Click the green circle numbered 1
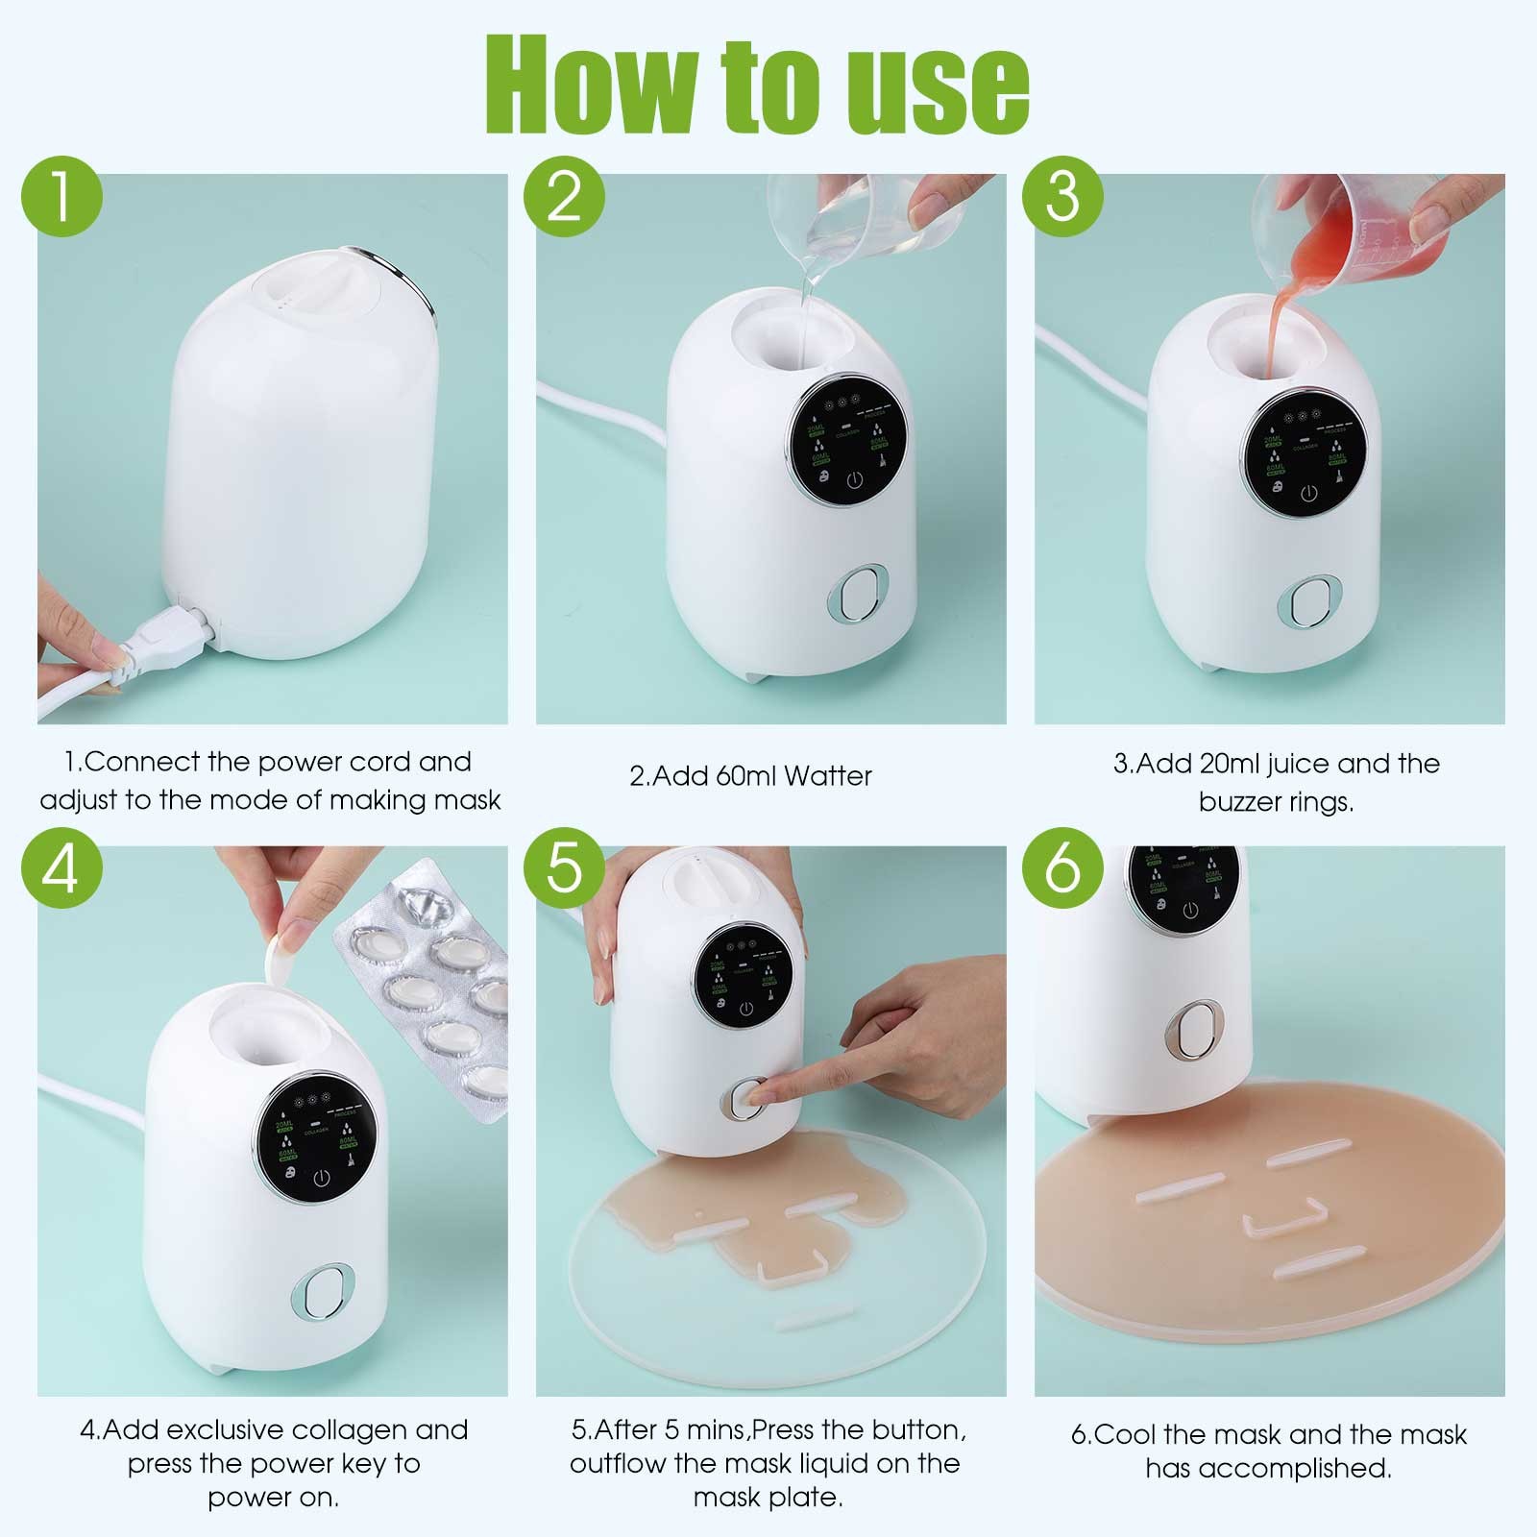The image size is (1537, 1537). [62, 198]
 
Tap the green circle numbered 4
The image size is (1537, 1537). [62, 870]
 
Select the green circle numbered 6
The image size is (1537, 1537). [1061, 870]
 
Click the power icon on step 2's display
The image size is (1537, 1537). [854, 480]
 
